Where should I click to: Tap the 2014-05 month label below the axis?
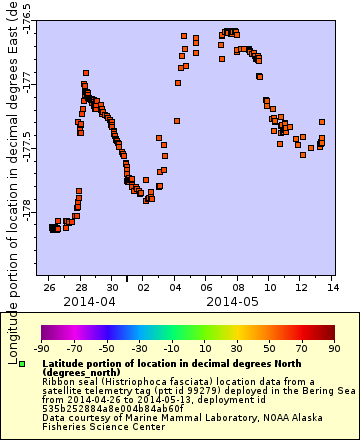point(233,300)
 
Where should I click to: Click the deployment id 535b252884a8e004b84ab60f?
point(99,408)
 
